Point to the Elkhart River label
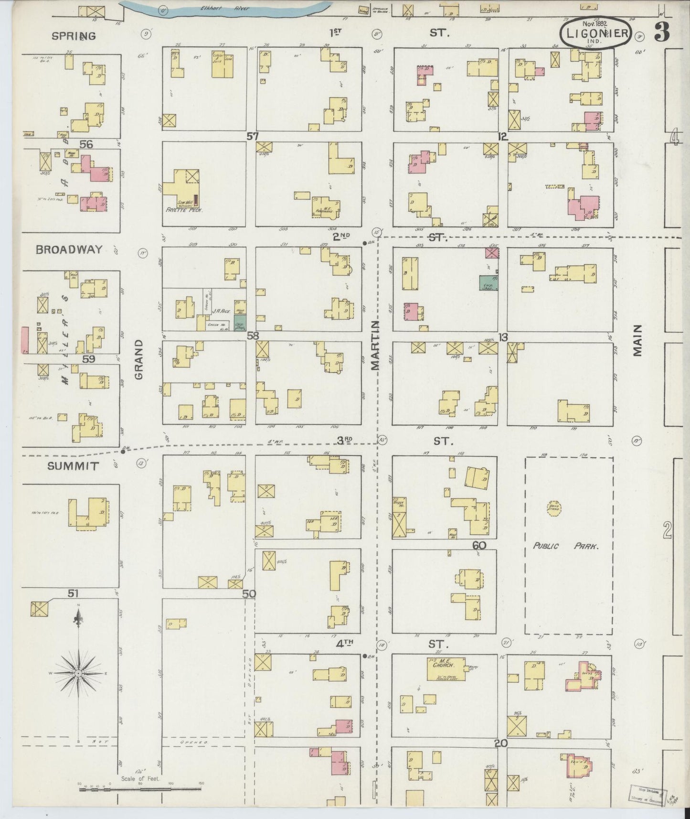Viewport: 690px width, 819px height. point(225,8)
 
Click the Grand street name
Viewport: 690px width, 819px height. point(139,359)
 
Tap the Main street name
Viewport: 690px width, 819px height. point(638,341)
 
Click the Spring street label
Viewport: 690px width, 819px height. point(74,36)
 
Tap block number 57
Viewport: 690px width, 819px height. point(253,137)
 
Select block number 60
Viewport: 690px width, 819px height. point(479,544)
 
